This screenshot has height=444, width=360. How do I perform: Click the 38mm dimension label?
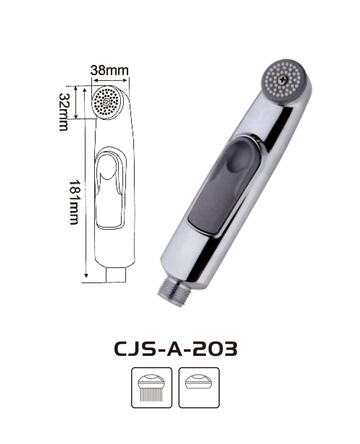[109, 70]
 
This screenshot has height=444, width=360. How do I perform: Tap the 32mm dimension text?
[64, 112]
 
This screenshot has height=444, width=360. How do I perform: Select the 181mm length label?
[74, 202]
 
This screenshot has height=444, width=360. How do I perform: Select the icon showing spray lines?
[152, 388]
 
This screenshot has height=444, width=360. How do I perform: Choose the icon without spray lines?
[199, 388]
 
